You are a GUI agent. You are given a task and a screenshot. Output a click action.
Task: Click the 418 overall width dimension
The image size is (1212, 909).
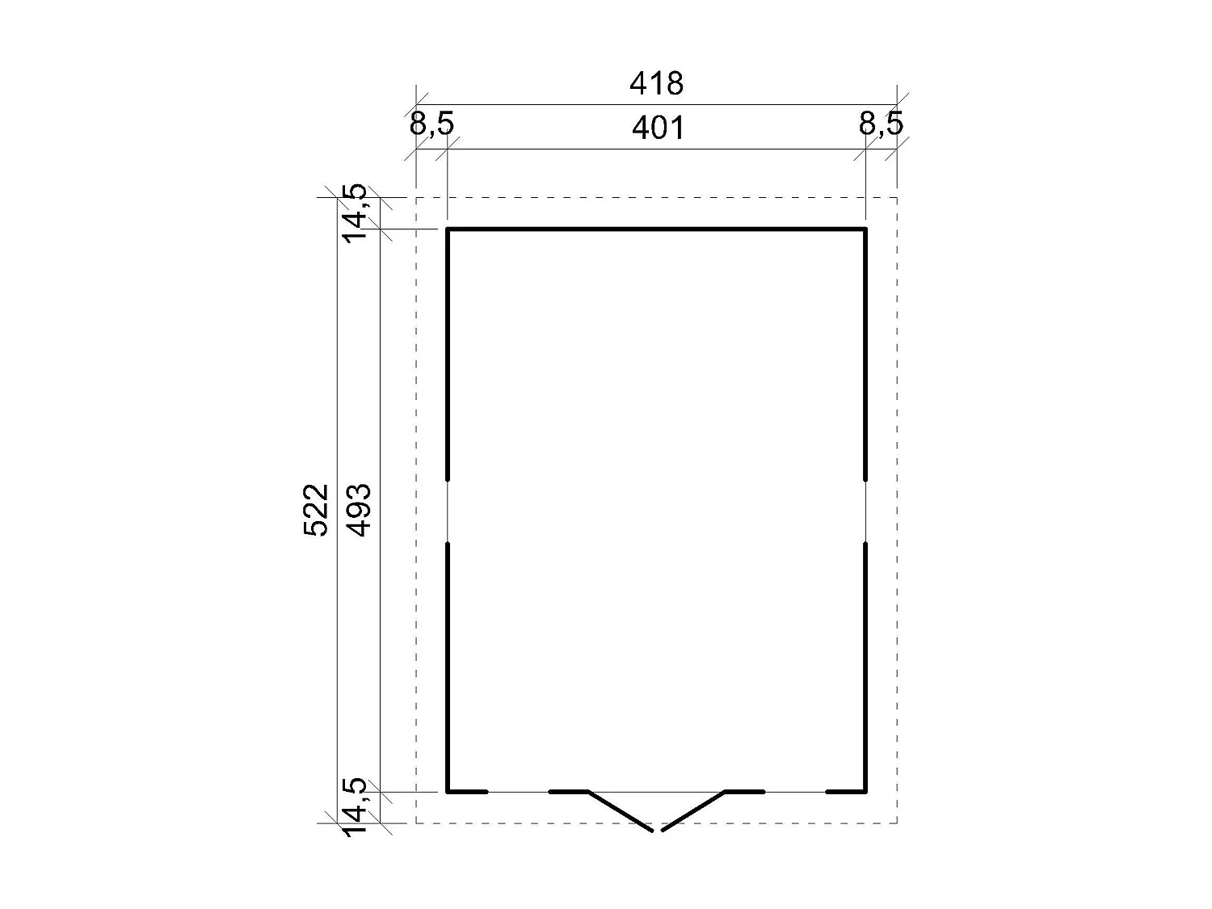coord(656,83)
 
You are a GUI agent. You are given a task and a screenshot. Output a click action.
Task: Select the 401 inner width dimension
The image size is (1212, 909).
coord(658,128)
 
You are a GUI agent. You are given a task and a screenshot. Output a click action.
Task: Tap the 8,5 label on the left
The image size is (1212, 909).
coord(431,124)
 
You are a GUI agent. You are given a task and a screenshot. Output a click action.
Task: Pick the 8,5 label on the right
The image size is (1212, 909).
coord(881,124)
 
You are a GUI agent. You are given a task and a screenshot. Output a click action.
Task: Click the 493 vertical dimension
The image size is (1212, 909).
coord(358,510)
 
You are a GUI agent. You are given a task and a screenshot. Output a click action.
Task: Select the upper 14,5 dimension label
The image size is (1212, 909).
coord(355,213)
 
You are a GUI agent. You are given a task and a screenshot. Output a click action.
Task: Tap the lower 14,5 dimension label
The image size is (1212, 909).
coord(355,806)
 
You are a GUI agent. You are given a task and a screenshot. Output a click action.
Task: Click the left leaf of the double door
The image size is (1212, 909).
coord(621,811)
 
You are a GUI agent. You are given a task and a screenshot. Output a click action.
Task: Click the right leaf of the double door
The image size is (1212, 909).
coord(693,811)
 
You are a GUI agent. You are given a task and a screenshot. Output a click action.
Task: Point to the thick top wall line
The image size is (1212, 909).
coord(656,229)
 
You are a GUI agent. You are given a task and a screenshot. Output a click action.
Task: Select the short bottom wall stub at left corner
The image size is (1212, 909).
coord(468,792)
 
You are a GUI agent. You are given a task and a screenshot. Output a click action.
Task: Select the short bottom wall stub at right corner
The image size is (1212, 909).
coord(846,792)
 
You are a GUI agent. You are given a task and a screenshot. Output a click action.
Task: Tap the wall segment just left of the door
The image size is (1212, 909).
coord(569,792)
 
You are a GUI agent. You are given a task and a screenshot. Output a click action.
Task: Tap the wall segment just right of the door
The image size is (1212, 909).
coord(744,792)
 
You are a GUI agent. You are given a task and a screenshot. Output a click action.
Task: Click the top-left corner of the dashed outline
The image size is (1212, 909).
coord(416,197)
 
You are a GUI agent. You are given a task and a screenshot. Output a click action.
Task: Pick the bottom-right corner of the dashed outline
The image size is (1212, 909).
coord(897,823)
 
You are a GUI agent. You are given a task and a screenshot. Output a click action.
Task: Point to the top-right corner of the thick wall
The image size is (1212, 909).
coord(865,229)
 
